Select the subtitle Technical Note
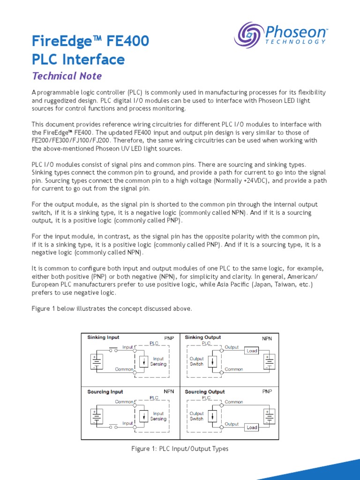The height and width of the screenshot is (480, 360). pos(67,76)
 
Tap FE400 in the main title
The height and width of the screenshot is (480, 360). pos(128,41)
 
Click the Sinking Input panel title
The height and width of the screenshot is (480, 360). pos(104,337)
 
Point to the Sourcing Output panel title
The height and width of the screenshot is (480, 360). pos(205,392)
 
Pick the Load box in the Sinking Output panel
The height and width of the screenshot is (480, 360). pos(252,351)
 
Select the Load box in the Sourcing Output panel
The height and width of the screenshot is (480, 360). pos(252,428)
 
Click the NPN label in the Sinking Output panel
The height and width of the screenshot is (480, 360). pos(267,338)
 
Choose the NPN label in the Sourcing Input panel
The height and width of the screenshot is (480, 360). pos(169,391)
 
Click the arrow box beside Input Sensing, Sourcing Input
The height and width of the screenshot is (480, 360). pos(143,416)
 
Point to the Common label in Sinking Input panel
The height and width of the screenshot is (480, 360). pos(124,369)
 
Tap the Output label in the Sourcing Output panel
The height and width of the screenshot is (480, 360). pos(232,424)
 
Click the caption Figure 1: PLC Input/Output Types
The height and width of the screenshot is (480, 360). pos(180,449)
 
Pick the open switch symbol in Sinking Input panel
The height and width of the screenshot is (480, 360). pos(113,349)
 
